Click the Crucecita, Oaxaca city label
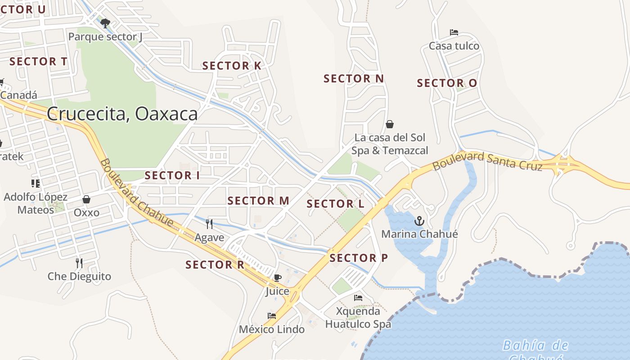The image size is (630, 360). tap(122, 114)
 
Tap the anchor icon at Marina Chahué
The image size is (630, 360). tap(419, 221)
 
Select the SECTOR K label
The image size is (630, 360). tap(231, 66)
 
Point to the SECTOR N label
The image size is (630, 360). tap(354, 79)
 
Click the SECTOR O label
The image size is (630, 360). tap(447, 83)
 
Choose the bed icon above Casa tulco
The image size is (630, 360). tap(454, 32)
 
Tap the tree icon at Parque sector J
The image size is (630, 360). tap(105, 23)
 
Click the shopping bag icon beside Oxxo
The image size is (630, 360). tap(86, 199)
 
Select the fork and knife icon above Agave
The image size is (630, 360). tap(209, 224)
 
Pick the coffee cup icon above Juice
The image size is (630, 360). tap(278, 278)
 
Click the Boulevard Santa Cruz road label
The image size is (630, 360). tap(487, 161)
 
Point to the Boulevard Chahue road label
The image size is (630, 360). tap(136, 192)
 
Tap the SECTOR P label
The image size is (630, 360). tap(359, 258)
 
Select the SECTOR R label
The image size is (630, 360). tap(215, 265)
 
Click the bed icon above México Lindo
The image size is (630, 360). tap(272, 316)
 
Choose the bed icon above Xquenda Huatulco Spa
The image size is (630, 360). tap(358, 298)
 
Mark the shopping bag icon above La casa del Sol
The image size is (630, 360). tap(390, 124)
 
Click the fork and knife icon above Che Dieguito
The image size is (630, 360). tap(79, 263)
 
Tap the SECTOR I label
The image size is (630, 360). tap(172, 175)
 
